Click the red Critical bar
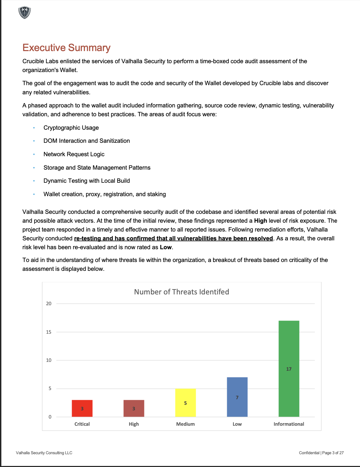pos(82,408)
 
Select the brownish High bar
pos(134,408)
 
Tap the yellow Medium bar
pos(186,402)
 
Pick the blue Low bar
pos(237,397)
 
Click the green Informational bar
pos(289,368)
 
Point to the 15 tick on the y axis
pos(49,332)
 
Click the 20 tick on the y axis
pos(49,304)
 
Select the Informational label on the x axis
pos(289,424)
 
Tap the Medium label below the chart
pos(186,424)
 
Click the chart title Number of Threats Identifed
pos(182,292)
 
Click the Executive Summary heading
pos(66,48)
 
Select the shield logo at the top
pos(25,12)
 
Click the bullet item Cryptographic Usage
pos(71,128)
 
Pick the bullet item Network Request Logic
pos(74,154)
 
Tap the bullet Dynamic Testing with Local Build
pos(87,181)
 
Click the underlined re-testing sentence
pos(173,238)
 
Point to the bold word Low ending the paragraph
pos(166,247)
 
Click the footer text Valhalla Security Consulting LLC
pos(44,453)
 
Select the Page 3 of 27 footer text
pos(333,453)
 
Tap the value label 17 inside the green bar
pos(289,369)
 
